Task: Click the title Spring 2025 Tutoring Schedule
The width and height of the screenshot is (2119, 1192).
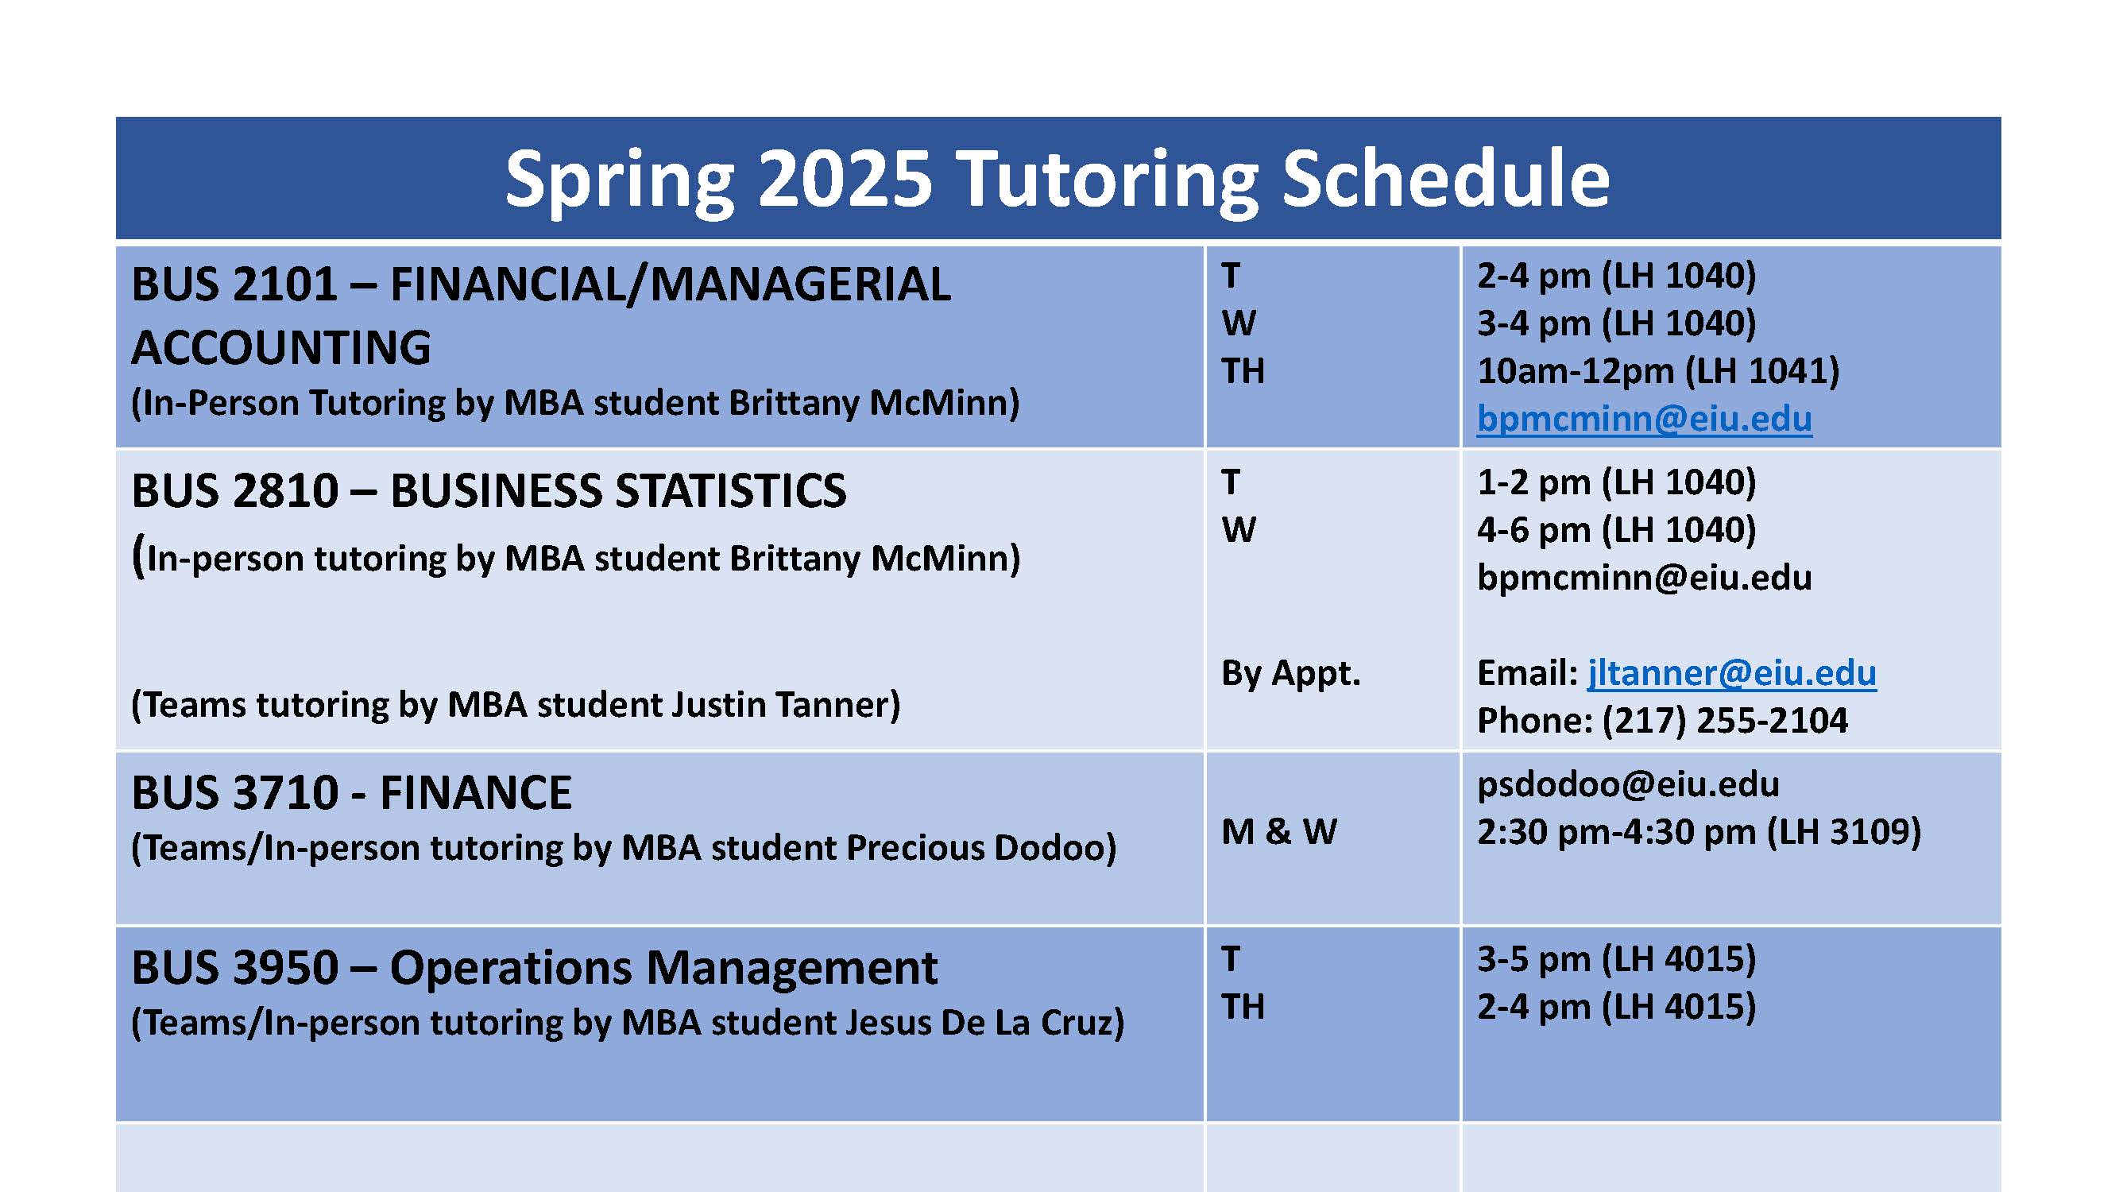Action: coord(1057,179)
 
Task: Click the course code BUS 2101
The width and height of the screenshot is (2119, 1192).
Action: coord(234,284)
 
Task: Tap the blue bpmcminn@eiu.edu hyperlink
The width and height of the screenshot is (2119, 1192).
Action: coord(1644,419)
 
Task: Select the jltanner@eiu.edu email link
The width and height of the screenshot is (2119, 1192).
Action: coord(1731,673)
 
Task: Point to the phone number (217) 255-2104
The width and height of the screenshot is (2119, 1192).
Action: coord(1724,721)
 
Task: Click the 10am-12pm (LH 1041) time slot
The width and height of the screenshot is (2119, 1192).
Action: coord(1657,371)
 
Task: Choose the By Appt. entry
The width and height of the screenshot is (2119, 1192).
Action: coord(1290,673)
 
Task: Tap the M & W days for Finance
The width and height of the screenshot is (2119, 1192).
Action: coord(1279,832)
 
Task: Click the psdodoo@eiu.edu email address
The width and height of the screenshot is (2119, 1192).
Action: coord(1627,784)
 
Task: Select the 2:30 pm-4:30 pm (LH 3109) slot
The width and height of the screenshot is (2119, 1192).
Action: coord(1699,832)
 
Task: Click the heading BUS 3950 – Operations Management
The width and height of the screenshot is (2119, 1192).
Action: coord(534,967)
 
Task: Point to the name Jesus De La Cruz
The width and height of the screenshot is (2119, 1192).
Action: coord(979,1023)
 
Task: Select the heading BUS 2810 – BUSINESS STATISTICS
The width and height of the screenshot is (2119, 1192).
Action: coord(489,491)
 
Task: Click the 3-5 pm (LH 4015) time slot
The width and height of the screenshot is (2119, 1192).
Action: coord(1615,959)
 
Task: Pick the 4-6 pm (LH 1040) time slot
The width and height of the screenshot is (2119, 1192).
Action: coord(1615,530)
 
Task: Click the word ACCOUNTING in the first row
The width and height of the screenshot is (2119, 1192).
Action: coord(281,347)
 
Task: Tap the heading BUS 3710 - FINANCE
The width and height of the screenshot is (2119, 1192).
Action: coord(351,793)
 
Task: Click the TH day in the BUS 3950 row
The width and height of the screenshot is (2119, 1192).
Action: coord(1242,1007)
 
